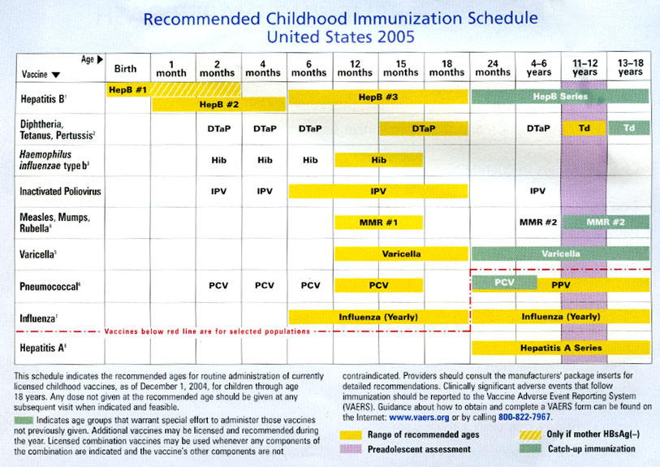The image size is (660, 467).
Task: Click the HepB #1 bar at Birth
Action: pos(128,89)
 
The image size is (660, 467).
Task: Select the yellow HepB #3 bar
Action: pos(378,97)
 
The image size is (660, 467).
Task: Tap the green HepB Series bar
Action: pos(560,97)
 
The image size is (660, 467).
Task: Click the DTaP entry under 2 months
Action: pos(219,128)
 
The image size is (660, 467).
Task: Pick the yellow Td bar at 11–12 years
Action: pos(585,128)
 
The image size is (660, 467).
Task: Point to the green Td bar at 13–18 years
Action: pos(629,128)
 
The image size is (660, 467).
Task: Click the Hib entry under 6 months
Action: pos(310,160)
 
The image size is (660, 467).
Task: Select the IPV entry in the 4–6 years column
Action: pos(538,191)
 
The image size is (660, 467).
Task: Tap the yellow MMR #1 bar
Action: pos(378,223)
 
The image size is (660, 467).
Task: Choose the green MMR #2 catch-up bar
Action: pos(606,222)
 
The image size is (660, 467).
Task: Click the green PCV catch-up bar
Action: pos(504,283)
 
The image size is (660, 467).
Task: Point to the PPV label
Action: pos(561,285)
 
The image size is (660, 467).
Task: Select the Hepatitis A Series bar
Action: pos(561,348)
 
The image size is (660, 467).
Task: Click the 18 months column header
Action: pos(446,67)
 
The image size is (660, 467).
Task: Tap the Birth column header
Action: pos(126,69)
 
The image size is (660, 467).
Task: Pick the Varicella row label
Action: pos(38,254)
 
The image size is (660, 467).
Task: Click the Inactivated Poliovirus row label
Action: pos(60,191)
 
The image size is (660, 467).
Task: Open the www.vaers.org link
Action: pos(419,417)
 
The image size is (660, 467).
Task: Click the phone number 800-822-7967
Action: pos(524,417)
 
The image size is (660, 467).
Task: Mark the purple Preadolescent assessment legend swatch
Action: pos(351,449)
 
